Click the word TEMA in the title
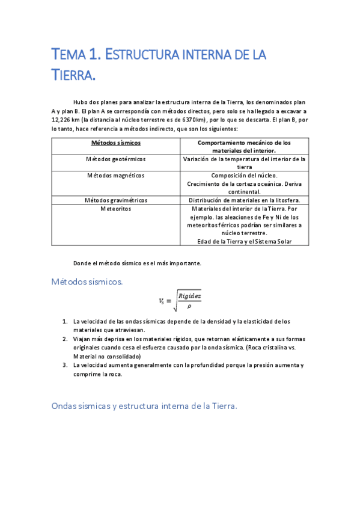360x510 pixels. [68, 56]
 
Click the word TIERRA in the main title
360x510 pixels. [73, 76]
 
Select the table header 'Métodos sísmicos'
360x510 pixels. [115, 143]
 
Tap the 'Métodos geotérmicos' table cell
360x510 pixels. [115, 159]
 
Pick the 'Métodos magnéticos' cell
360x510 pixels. [115, 176]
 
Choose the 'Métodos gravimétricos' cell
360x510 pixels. [115, 200]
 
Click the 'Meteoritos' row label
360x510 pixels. [115, 209]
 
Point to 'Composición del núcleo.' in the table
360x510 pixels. [244, 176]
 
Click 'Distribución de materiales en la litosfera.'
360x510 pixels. [244, 200]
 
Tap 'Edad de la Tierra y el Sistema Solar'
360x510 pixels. [244, 241]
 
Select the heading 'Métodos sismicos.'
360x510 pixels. [87, 281]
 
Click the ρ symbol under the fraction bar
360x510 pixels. [189, 306]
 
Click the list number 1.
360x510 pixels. [65, 321]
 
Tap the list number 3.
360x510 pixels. [65, 365]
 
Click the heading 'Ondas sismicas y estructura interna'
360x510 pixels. [144, 406]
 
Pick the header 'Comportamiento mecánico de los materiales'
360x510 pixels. [244, 147]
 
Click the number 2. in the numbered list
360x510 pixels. [65, 339]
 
